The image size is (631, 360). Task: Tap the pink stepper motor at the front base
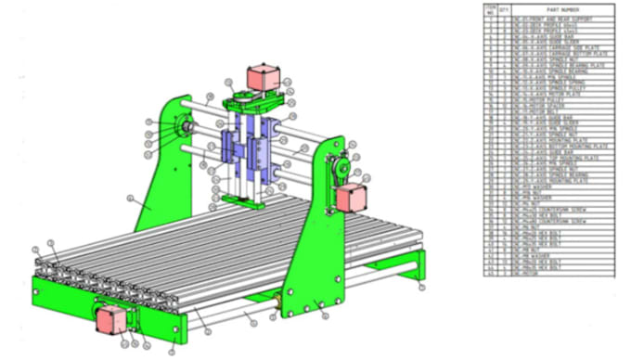click(112, 318)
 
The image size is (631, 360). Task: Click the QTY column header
click(504, 9)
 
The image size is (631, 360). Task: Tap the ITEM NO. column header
click(489, 9)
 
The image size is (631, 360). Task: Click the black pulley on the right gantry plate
click(340, 169)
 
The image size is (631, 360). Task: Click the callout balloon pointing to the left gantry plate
click(132, 198)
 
